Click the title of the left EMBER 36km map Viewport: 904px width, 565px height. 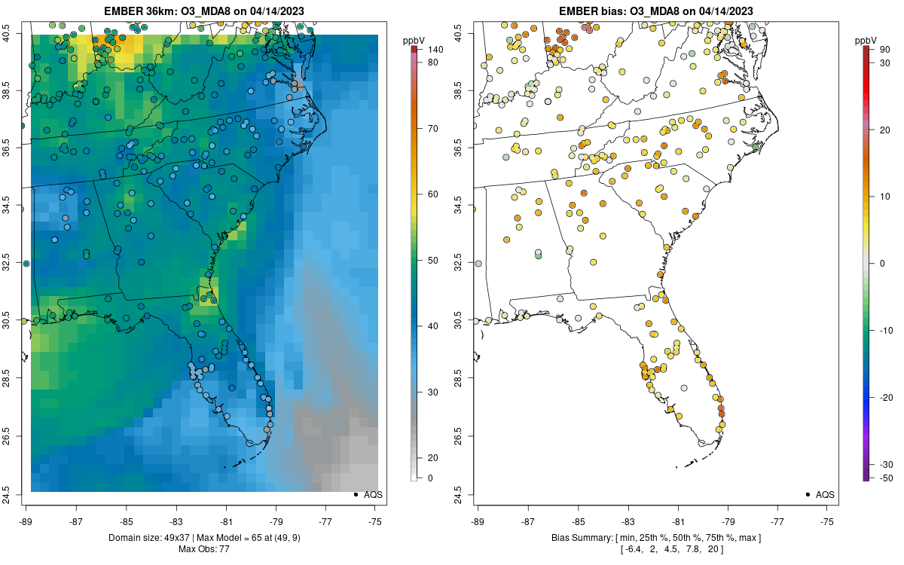click(204, 11)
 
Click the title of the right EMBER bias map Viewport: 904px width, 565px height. click(656, 11)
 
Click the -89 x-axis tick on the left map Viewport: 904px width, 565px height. click(26, 521)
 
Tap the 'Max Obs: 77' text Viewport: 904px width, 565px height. click(204, 548)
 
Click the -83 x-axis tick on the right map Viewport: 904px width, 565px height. click(628, 521)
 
